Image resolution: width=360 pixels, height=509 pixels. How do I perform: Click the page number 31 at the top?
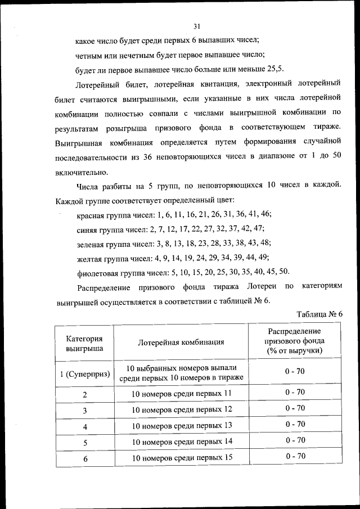[197, 26]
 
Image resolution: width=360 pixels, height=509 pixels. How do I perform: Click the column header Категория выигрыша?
[84, 343]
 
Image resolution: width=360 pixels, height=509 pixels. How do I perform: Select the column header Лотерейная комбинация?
[181, 342]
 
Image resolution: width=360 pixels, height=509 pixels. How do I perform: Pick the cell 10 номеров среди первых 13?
[182, 425]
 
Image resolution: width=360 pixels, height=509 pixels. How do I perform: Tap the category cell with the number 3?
[84, 410]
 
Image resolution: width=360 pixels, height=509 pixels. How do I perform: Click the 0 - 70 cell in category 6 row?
[295, 456]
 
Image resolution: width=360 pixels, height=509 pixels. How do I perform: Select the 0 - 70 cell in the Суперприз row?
[295, 371]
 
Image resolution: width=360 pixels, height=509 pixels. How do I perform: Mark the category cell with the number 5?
[84, 443]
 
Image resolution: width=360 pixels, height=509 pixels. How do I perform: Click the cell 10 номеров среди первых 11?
[182, 393]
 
